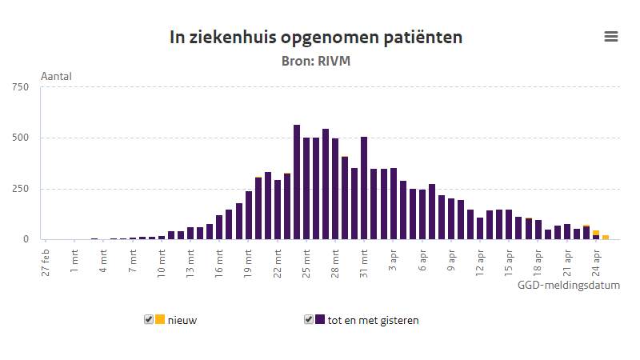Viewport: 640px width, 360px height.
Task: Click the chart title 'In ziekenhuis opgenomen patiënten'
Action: [x=316, y=37]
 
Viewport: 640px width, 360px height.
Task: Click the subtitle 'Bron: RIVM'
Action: [x=316, y=61]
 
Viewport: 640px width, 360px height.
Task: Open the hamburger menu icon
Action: [x=611, y=36]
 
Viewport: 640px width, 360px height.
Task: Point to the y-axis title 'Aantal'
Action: [x=56, y=77]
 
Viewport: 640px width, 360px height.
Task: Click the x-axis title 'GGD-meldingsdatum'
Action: [x=568, y=285]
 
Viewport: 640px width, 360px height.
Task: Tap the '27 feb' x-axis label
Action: [x=46, y=260]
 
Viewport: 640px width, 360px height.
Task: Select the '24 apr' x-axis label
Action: [x=596, y=260]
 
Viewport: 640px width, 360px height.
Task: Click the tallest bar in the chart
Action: [x=297, y=182]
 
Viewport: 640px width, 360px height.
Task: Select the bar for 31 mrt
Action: [x=364, y=189]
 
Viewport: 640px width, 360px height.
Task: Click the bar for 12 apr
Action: [x=480, y=229]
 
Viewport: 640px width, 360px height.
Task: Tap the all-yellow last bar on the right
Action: [x=606, y=237]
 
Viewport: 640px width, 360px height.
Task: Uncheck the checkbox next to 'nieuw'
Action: [x=149, y=319]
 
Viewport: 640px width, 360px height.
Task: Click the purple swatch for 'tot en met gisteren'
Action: [x=320, y=319]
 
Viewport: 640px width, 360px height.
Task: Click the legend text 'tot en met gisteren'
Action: [x=373, y=320]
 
